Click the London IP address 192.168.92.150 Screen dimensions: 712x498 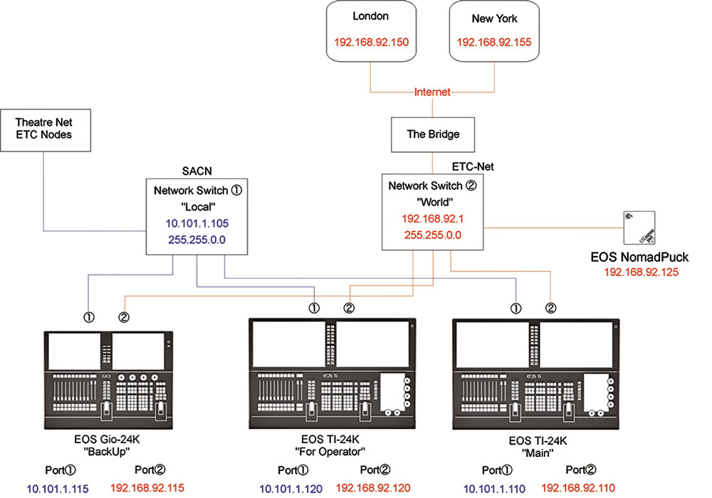[372, 42]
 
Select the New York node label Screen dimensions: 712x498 [495, 18]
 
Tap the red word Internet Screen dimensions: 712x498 [432, 92]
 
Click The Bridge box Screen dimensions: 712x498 [433, 134]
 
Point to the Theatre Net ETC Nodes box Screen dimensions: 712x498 [46, 130]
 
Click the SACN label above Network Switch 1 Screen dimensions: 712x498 [197, 171]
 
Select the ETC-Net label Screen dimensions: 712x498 [473, 167]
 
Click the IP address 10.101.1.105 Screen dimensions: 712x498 [197, 223]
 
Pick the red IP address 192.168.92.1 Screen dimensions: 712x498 [433, 218]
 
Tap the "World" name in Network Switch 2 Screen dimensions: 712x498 [434, 202]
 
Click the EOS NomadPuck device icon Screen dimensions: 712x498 [639, 228]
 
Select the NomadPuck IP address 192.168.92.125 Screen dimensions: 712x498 [642, 272]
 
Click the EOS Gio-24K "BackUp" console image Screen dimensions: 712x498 [108, 380]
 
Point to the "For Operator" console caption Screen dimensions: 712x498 [330, 452]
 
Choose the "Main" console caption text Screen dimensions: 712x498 [538, 452]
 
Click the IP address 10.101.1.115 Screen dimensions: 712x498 [58, 489]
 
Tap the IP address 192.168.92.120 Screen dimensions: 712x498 [373, 488]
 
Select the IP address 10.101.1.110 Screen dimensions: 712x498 [495, 489]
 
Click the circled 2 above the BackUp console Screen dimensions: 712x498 [123, 317]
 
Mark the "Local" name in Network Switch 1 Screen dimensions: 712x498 [198, 207]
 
